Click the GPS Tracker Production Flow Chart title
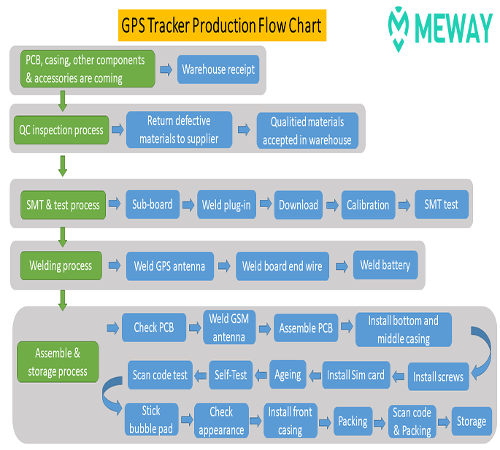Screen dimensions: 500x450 click(x=222, y=26)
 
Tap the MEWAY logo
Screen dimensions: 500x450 click(x=440, y=28)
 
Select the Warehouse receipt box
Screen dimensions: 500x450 click(x=218, y=69)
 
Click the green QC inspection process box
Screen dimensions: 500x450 click(x=61, y=130)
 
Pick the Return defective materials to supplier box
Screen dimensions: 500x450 click(x=180, y=130)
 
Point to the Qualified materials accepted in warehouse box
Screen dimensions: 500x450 click(x=307, y=131)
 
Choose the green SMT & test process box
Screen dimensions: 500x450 click(x=63, y=205)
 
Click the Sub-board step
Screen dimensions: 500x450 click(x=153, y=204)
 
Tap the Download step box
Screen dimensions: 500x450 click(x=299, y=205)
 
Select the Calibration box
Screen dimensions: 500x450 click(x=369, y=205)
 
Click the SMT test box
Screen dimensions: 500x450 click(x=442, y=204)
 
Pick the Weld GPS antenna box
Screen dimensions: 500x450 click(x=170, y=266)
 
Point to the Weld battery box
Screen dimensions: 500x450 click(x=385, y=265)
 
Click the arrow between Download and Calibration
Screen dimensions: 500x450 click(x=332, y=205)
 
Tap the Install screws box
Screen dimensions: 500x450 click(x=439, y=376)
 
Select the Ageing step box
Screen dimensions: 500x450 click(x=288, y=374)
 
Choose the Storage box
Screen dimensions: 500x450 click(x=472, y=421)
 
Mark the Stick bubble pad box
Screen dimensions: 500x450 click(x=152, y=419)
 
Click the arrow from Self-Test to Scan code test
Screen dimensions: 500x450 click(x=201, y=376)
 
